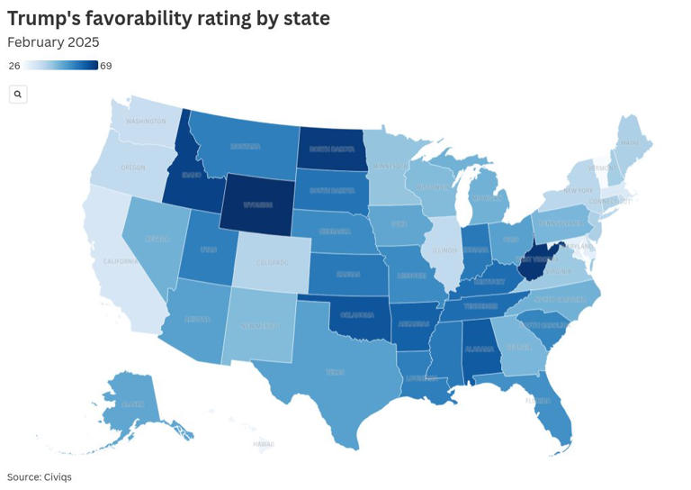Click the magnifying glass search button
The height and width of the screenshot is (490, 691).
coord(18,94)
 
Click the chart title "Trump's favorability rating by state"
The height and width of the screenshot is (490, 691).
coord(168,18)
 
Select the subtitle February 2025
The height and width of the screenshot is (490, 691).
coord(53,42)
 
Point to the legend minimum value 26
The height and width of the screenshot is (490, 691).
coord(13,66)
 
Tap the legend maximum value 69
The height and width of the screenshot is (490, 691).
coord(105,66)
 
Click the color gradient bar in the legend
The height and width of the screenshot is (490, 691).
coord(61,66)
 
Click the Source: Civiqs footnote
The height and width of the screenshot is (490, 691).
coord(39,476)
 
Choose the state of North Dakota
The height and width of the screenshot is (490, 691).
coord(332,149)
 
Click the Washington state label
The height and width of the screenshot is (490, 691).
coord(146,121)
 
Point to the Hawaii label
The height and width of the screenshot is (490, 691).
coord(263,444)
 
